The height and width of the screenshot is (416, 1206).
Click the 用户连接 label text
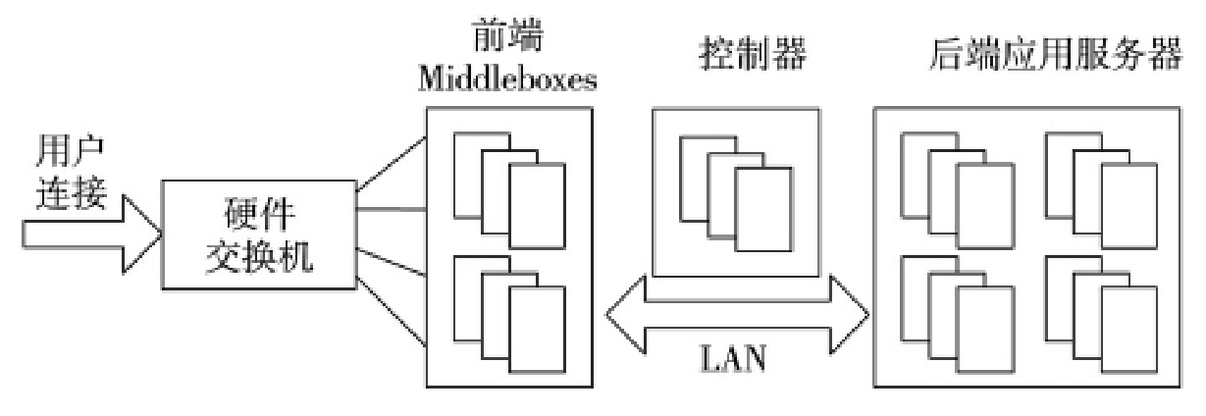[72, 171]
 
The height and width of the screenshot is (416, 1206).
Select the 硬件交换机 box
[259, 234]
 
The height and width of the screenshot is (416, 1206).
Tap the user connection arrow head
[142, 233]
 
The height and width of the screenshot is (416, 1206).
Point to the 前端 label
[507, 37]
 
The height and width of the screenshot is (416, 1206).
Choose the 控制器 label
[735, 55]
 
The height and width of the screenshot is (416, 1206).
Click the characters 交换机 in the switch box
[259, 258]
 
